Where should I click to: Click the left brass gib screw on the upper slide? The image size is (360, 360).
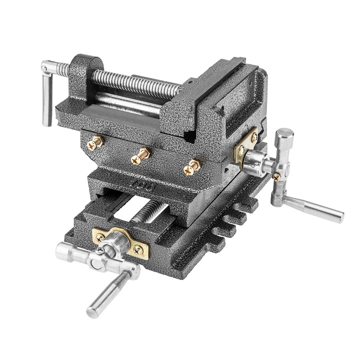tap(94, 143)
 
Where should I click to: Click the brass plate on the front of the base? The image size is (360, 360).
tap(120, 241)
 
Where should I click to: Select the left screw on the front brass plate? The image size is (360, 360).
tap(100, 237)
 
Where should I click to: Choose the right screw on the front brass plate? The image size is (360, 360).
tap(137, 249)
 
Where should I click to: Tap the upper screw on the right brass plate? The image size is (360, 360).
tap(254, 136)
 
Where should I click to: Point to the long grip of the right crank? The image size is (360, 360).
tap(315, 208)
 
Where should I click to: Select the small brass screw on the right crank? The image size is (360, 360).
tap(276, 176)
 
